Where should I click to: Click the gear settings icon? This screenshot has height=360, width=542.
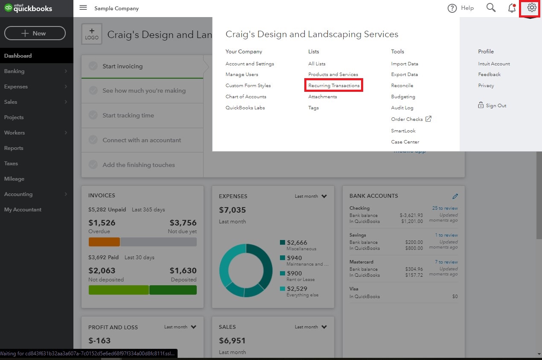pos(531,8)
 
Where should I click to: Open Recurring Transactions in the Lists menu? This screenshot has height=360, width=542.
pos(334,85)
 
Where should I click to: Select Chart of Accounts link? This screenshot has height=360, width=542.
pos(246,97)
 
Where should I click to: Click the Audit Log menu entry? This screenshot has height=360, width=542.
pos(402,108)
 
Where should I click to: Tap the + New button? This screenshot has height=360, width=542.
pos(35,33)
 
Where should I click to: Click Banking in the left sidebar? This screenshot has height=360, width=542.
pos(15,71)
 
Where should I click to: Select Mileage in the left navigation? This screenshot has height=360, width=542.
pos(14,179)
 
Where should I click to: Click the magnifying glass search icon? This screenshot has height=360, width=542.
pos(491,8)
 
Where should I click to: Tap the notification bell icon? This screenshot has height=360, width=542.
pos(512,8)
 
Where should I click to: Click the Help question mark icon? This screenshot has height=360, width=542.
pos(452,8)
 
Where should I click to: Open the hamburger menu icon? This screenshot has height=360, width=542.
pos(83,8)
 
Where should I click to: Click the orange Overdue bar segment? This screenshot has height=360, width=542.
pos(104,242)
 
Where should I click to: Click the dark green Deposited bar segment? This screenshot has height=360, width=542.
pos(173,290)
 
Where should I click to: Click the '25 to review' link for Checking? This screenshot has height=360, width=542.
pos(445,208)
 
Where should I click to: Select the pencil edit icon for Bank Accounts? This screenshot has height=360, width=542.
pos(455,196)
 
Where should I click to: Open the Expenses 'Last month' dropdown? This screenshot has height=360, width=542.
pos(311,196)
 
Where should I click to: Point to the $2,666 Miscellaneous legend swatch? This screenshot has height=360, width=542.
pos(283,243)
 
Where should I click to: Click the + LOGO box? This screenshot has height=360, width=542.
pos(92,34)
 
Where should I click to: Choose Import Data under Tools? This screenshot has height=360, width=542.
pos(404,64)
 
